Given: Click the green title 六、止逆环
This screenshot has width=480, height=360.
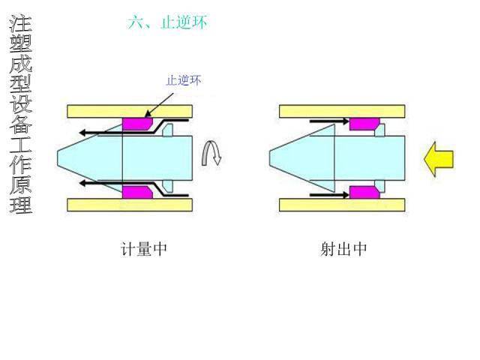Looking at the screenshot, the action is coord(167,22).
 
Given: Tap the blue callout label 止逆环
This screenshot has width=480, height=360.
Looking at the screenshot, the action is coord(184,80).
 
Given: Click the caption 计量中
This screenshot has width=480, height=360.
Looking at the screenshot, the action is coord(144,248).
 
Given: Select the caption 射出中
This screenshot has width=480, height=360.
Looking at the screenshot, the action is coord(343,248).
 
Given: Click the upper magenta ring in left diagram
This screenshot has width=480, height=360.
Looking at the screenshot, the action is coord(137,124).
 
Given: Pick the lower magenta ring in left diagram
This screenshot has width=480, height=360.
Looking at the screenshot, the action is coord(137,192).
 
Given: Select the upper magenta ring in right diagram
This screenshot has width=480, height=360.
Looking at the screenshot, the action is coord(364,124).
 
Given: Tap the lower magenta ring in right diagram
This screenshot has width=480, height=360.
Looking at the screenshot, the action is coord(364,192).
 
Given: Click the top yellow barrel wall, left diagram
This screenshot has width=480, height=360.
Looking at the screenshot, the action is coord(130,112).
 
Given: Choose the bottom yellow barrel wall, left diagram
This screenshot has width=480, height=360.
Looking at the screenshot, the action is coord(130,205).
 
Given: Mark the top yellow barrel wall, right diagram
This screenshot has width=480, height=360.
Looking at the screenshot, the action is coord(342,112).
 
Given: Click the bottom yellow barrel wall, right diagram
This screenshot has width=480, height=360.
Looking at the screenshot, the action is coord(342,205).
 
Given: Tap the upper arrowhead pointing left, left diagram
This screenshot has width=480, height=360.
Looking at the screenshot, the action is coord(82,133).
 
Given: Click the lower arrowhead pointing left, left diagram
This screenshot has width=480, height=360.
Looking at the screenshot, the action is coord(82,183).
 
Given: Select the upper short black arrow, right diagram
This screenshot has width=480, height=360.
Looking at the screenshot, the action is coord(329,121).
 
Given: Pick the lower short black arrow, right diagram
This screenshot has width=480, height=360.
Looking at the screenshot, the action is coord(329,195).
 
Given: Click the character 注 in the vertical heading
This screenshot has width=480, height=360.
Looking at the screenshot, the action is coord(21,23).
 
